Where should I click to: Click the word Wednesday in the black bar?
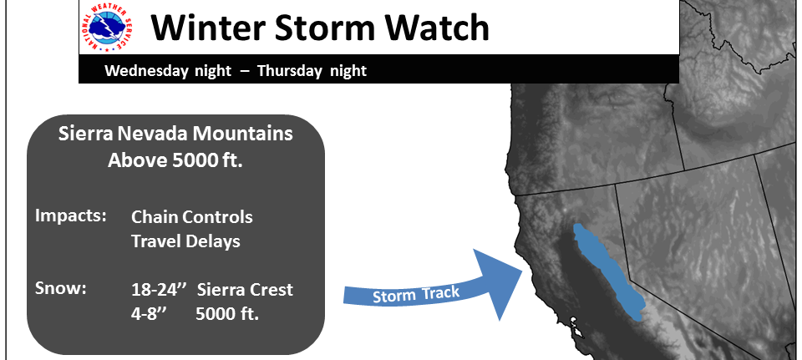pos(146,70)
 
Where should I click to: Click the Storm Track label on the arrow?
pos(415,295)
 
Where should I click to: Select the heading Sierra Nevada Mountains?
pos(175,134)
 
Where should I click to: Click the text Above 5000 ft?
pos(175,160)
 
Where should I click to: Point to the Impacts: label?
pos(70,216)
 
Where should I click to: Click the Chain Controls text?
pos(192,217)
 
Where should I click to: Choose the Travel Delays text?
pos(185,241)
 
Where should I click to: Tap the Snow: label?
pos(60,288)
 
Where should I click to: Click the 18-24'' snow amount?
pos(158,290)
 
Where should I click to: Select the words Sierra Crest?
pos(245,290)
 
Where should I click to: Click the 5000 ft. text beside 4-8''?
pos(227,314)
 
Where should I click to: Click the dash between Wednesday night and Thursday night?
pos(245,71)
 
